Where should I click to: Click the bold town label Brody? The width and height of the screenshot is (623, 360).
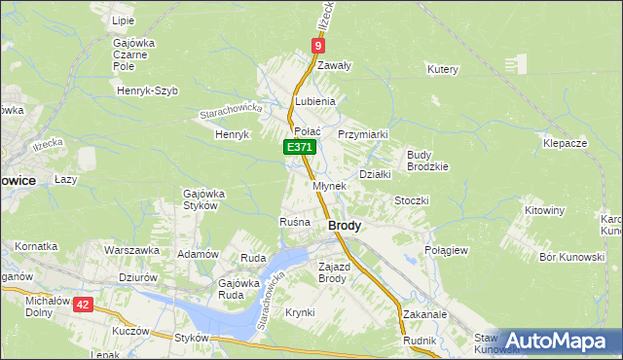pos(345,225)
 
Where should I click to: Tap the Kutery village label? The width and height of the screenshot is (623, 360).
pos(442,69)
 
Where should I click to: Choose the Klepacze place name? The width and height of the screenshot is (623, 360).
pos(565,143)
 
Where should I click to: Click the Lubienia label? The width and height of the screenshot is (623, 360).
pos(315,101)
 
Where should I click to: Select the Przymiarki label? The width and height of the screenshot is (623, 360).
pos(363,134)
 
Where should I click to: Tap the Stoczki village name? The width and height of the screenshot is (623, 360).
pos(411,199)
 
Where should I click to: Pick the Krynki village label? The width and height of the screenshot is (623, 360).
pos(300,312)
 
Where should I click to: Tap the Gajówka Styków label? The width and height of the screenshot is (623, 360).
pos(204,199)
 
